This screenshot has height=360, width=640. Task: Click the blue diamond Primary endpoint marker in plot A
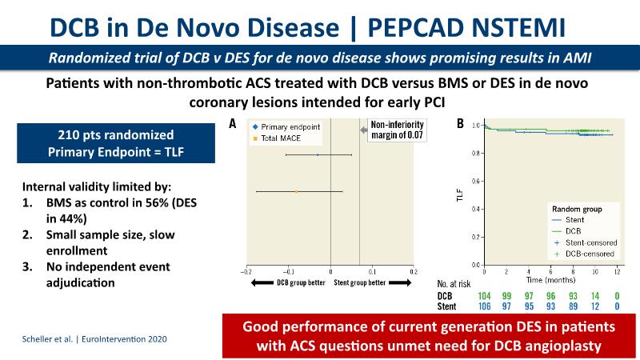[x=318, y=154]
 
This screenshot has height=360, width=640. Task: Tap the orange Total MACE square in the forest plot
[x=297, y=192]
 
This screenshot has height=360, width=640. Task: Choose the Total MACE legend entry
[x=276, y=138]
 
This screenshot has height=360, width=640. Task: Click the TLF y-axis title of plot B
[x=460, y=194]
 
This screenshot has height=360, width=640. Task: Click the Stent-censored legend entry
[x=584, y=242]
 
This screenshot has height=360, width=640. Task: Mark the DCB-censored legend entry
[x=584, y=253]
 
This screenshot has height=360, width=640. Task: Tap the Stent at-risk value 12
[x=594, y=306]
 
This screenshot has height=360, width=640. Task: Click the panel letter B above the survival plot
[x=459, y=124]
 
